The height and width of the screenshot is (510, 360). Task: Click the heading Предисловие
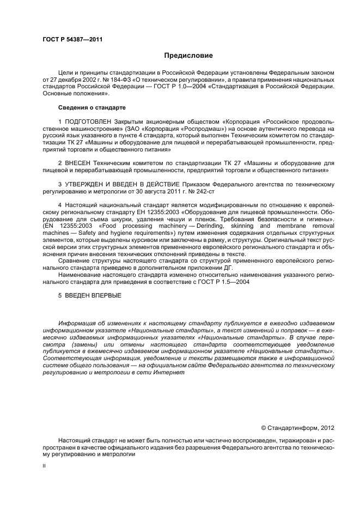(x=188, y=56)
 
